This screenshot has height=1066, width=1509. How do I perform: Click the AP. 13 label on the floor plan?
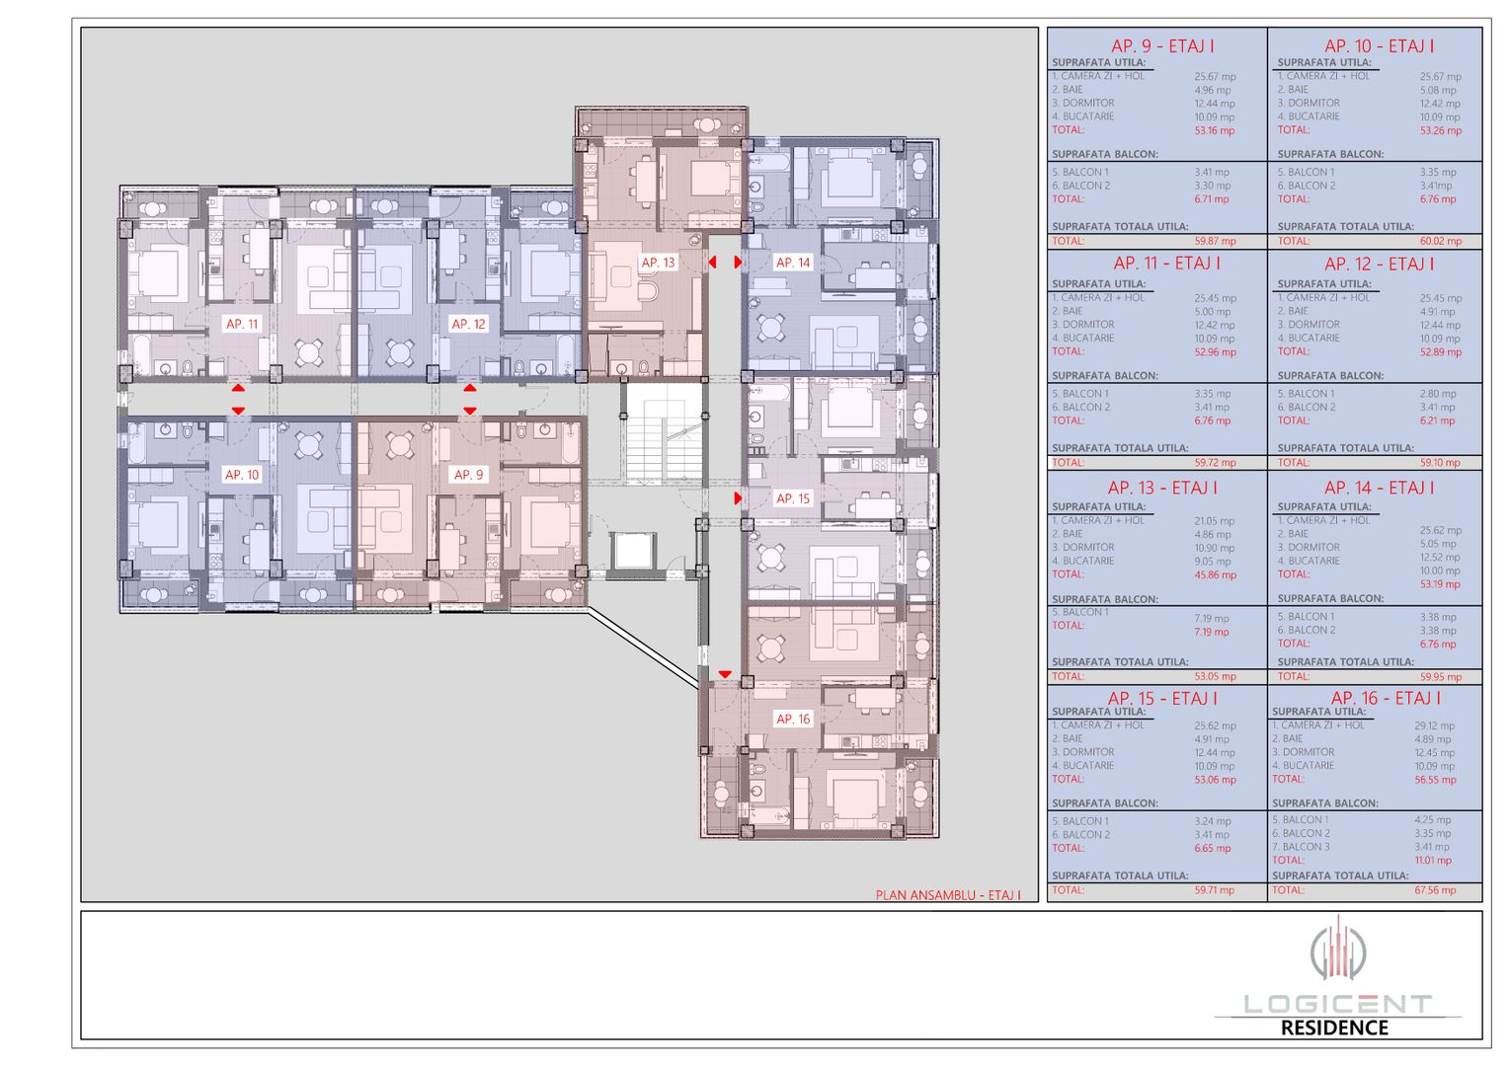click(x=658, y=263)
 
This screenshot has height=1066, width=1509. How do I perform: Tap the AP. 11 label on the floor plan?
click(x=242, y=324)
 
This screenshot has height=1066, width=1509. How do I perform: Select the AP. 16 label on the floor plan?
click(x=792, y=719)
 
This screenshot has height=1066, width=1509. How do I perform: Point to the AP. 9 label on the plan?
click(x=468, y=475)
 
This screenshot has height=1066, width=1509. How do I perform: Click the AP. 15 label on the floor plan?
click(x=792, y=498)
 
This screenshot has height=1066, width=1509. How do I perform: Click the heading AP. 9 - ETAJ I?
click(x=1162, y=46)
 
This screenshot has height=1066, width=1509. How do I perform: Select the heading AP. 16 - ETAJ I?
click(x=1385, y=699)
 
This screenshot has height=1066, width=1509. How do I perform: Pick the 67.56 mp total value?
click(x=1434, y=890)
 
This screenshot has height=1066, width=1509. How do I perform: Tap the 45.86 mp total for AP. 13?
click(x=1214, y=574)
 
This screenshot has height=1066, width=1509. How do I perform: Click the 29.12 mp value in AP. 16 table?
click(x=1433, y=725)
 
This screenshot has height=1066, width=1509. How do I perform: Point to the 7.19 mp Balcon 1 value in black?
click(x=1211, y=619)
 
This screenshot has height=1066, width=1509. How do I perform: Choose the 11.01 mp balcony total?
click(x=1432, y=861)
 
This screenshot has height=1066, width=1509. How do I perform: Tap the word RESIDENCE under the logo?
click(x=1334, y=1028)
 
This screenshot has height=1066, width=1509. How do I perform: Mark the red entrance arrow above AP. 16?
click(x=725, y=675)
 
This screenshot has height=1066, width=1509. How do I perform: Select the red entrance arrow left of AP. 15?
click(x=738, y=498)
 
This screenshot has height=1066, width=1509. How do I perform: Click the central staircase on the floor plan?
click(x=663, y=434)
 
